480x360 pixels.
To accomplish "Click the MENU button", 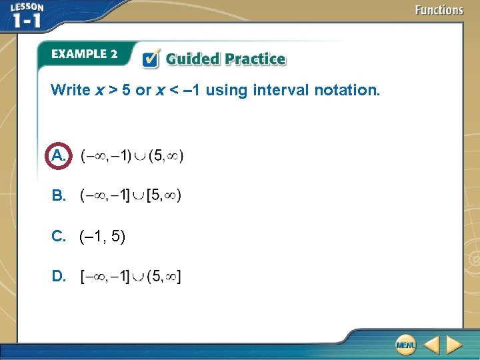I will click(405, 345).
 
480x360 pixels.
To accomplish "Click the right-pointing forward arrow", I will click(455, 345).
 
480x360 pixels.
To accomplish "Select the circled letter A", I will click(58, 156).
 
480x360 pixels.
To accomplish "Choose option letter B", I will click(58, 196).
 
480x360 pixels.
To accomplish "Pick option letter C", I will click(58, 236).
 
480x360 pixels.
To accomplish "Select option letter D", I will click(58, 276).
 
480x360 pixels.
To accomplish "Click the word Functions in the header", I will click(439, 10).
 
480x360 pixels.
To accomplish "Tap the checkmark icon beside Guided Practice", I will click(151, 59).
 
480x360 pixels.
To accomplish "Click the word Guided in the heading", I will click(192, 59).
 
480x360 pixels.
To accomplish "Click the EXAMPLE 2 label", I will click(84, 54).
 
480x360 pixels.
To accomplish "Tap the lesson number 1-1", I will click(27, 20).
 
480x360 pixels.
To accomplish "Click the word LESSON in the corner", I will click(27, 6).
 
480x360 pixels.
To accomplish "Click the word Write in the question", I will click(70, 90).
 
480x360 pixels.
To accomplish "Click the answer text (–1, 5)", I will click(102, 236).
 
